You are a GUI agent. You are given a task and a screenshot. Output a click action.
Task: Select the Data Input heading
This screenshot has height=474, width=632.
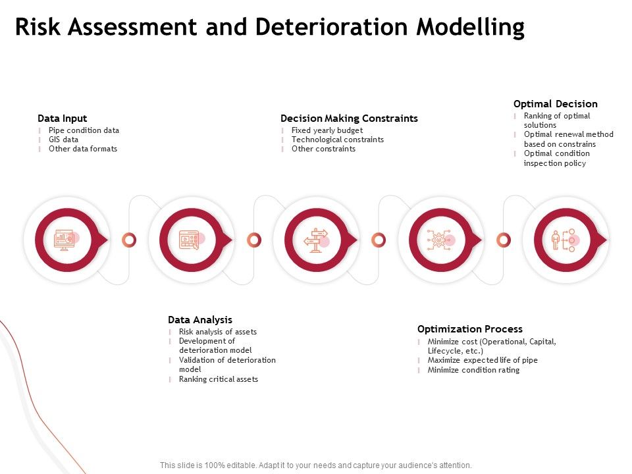(x=62, y=118)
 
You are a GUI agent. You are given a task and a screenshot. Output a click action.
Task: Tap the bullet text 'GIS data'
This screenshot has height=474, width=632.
(x=63, y=140)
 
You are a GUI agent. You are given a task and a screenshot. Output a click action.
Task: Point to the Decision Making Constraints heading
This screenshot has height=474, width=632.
(x=349, y=118)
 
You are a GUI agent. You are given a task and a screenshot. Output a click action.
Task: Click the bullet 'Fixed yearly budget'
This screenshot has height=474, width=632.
(x=327, y=130)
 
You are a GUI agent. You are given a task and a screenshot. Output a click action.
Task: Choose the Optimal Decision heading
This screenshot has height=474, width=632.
(x=556, y=104)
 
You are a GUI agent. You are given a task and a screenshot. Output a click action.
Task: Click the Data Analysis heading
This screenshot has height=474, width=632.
(x=200, y=320)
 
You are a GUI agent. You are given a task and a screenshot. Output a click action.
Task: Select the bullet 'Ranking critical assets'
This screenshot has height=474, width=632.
(x=219, y=379)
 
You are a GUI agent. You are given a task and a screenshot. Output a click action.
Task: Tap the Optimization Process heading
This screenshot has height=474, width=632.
(x=470, y=329)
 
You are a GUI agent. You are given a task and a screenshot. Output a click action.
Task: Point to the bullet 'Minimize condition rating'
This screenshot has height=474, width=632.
(x=473, y=370)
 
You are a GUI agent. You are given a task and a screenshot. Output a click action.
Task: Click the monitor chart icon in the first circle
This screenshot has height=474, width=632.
(x=65, y=240)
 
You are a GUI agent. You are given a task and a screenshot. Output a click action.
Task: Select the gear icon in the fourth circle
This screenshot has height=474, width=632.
(x=438, y=240)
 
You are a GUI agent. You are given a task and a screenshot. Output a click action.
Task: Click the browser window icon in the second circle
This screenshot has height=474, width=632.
(x=190, y=240)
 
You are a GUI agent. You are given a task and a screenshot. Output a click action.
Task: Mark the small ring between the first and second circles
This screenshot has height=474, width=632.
(x=130, y=240)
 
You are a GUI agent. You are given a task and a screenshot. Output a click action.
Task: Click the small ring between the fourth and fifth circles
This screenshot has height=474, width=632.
(x=504, y=240)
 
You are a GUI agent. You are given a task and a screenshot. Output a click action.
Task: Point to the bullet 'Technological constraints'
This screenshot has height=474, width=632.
(x=337, y=140)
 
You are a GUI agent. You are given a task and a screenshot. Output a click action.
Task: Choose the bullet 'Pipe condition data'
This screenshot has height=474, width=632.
(x=84, y=130)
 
